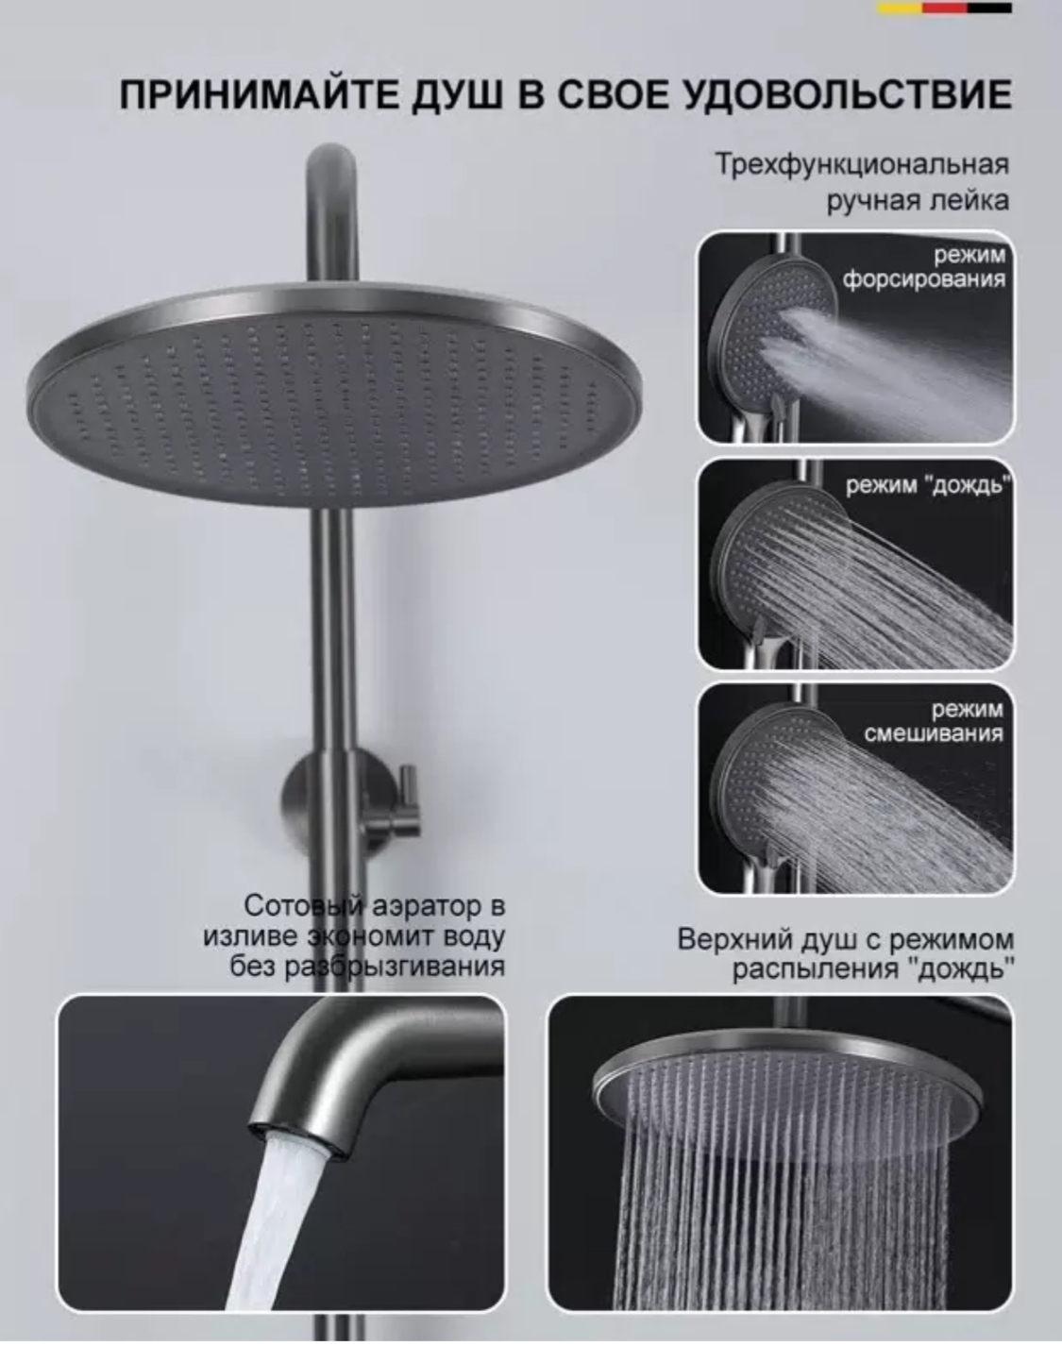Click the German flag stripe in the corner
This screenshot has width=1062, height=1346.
944,8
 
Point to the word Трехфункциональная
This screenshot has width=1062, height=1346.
863,165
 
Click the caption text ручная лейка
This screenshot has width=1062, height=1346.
919,201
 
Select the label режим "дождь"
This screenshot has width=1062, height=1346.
928,486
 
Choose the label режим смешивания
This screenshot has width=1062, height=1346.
934,721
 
